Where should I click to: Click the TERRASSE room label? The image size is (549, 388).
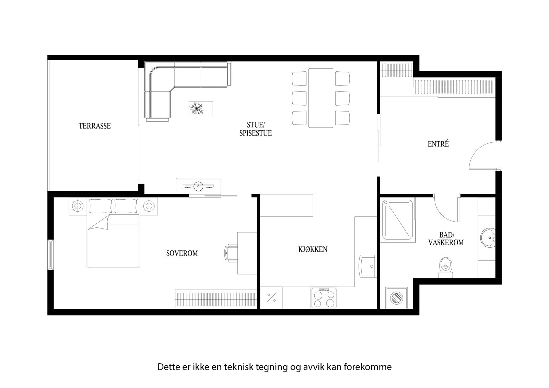pyautogui.click(x=95, y=126)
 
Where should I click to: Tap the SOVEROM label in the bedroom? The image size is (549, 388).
pyautogui.click(x=182, y=254)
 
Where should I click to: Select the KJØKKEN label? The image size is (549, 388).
pyautogui.click(x=313, y=249)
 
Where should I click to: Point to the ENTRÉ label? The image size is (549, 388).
pyautogui.click(x=438, y=144)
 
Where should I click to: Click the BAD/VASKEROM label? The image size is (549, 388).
pyautogui.click(x=446, y=239)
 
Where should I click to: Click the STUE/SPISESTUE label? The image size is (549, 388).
pyautogui.click(x=255, y=129)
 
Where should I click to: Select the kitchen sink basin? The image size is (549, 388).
pyautogui.click(x=367, y=266)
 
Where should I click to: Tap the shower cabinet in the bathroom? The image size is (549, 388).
pyautogui.click(x=398, y=220)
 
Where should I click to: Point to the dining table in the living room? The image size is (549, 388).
pyautogui.click(x=320, y=98)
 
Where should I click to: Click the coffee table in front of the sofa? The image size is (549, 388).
pyautogui.click(x=201, y=109)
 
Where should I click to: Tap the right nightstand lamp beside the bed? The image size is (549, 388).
pyautogui.click(x=148, y=206)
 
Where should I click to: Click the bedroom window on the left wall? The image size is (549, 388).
pyautogui.click(x=50, y=254)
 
